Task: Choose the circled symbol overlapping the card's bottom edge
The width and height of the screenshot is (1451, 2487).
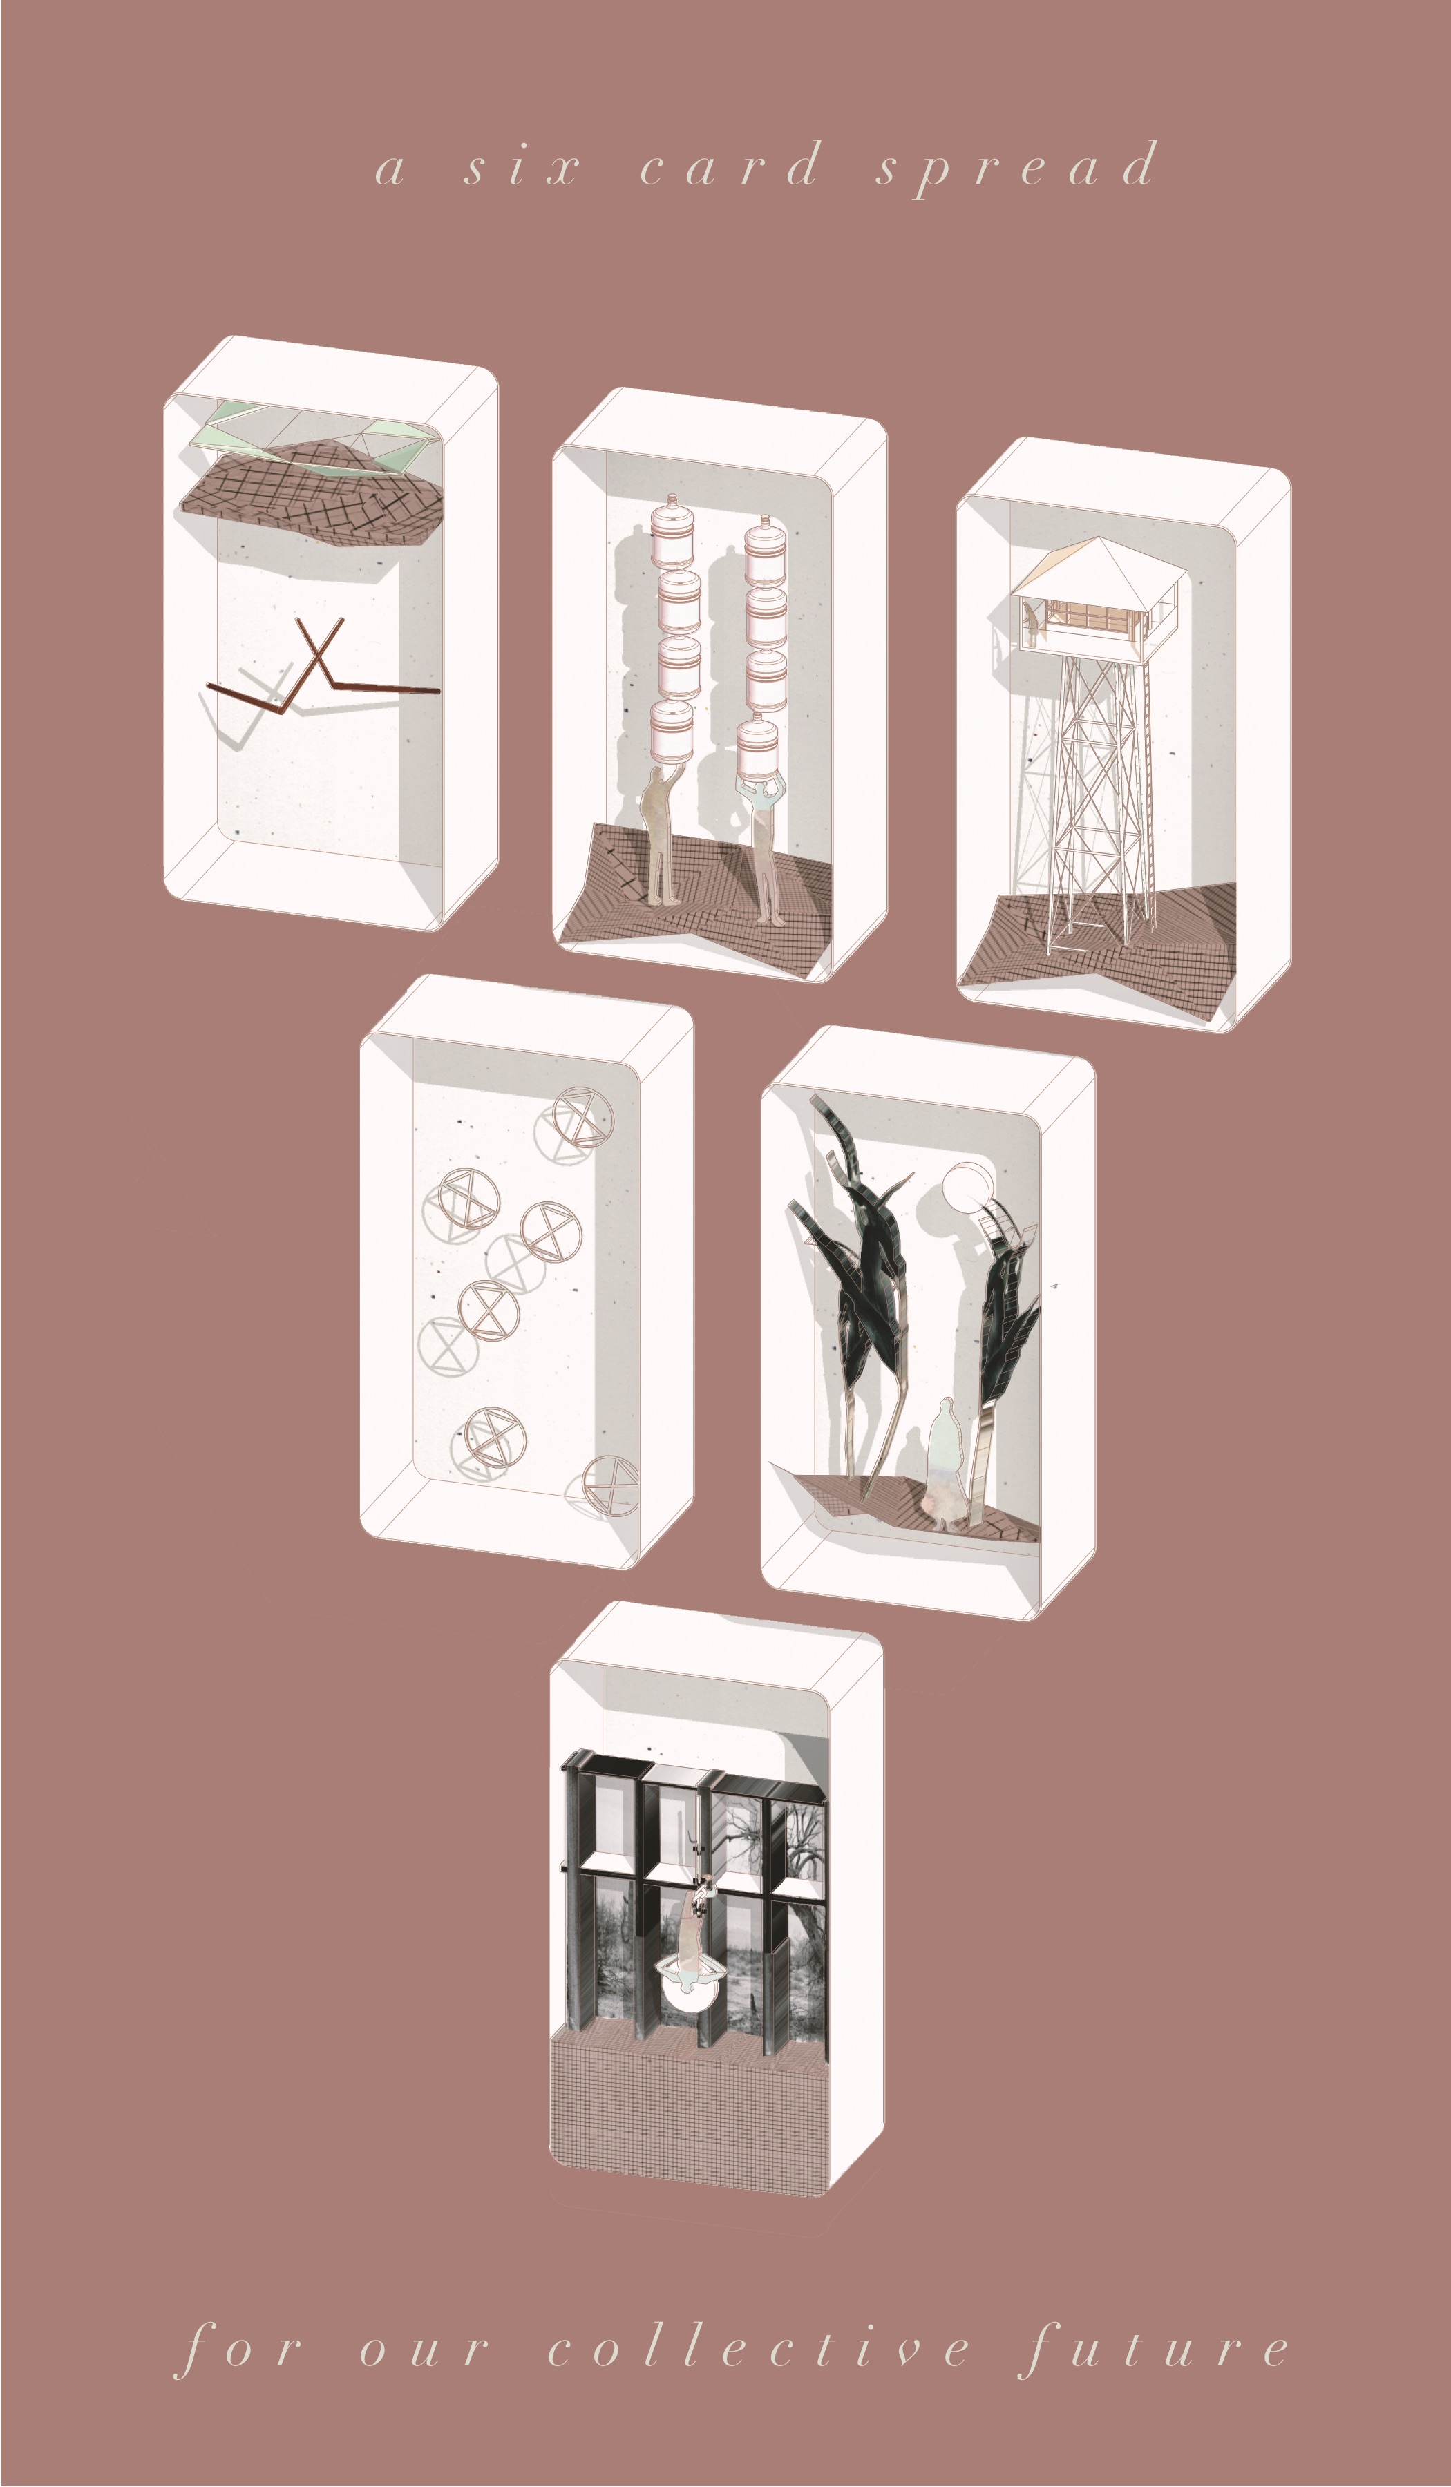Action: click(x=609, y=1485)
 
